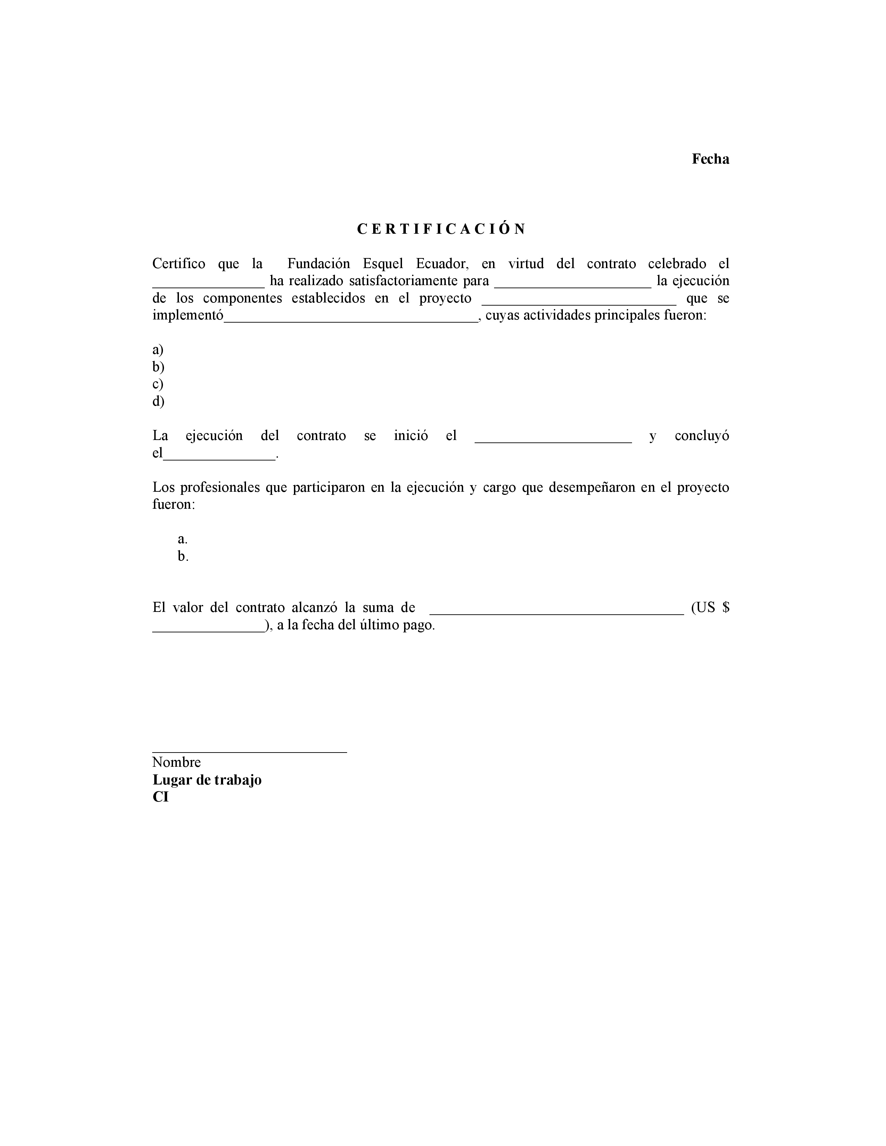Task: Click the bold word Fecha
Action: (710, 159)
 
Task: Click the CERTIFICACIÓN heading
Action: (441, 229)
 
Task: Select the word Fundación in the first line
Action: (319, 264)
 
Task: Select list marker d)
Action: (158, 401)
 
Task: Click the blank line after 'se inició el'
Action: (553, 441)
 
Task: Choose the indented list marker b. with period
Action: (183, 556)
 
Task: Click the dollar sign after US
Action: (725, 608)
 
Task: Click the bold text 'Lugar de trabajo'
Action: (207, 780)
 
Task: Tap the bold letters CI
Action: (161, 797)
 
